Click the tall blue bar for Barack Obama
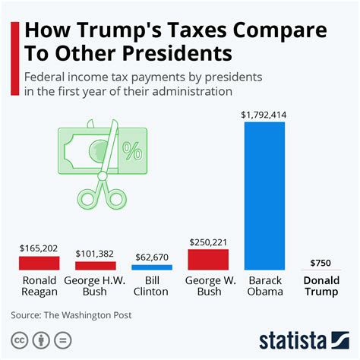pos(264,195)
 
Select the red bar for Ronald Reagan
pos(39,263)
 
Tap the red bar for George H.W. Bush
pos(95,266)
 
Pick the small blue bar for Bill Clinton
pos(152,267)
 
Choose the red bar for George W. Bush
pos(208,259)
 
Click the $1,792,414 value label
pos(264,115)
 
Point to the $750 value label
pos(321,263)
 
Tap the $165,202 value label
pos(39,248)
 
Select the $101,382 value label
pos(95,254)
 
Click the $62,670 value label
pos(152,257)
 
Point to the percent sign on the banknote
pos(132,152)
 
